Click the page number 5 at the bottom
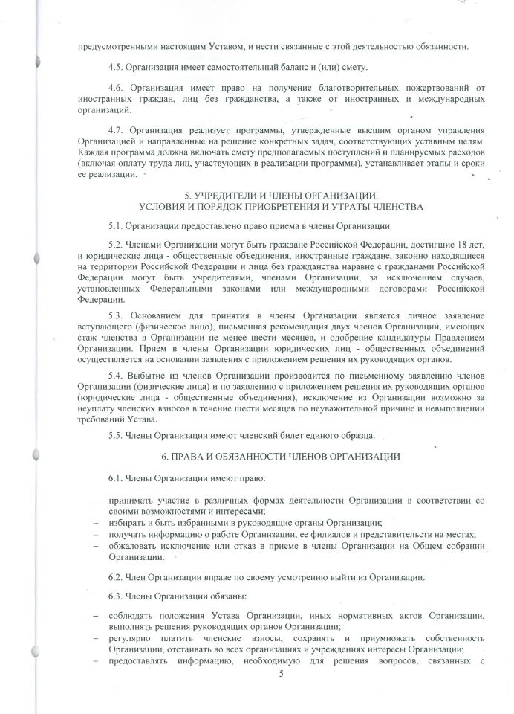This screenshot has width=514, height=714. pos(282,675)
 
